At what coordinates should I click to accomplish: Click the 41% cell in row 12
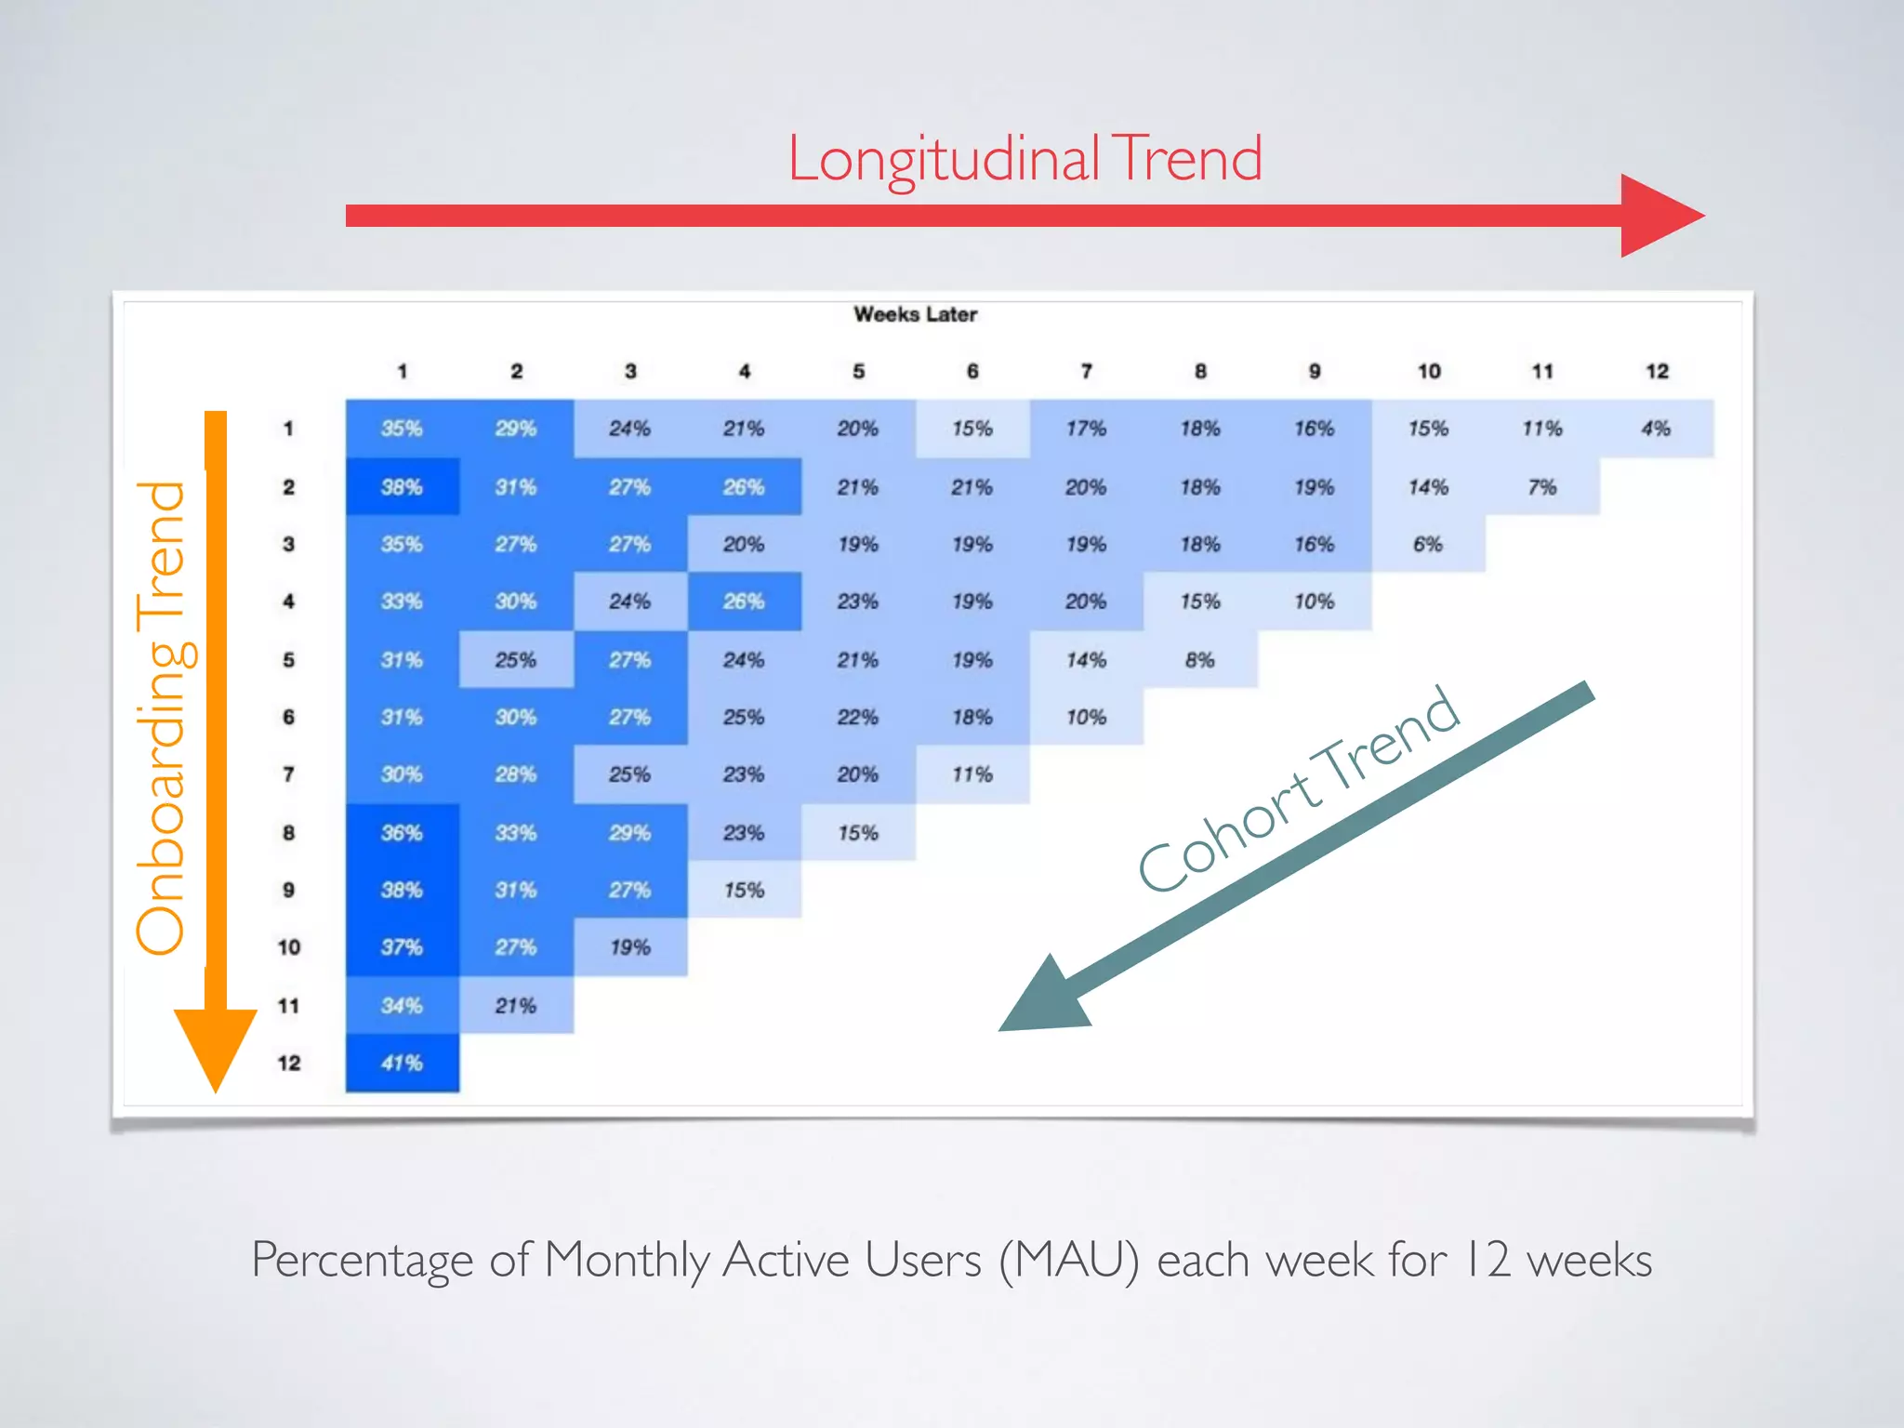point(402,1063)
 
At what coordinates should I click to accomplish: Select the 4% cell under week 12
point(1656,429)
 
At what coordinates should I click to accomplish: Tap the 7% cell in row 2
point(1541,487)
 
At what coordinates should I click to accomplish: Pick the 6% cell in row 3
point(1428,544)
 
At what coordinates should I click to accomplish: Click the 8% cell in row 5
point(1199,660)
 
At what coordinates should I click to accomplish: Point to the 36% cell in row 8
point(402,833)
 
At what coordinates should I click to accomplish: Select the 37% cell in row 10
point(402,947)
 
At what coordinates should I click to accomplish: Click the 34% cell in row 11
point(402,1005)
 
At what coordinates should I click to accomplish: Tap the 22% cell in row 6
point(857,717)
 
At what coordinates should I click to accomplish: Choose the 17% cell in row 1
point(1086,429)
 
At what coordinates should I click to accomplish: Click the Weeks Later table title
point(915,314)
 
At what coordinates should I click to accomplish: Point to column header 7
point(1086,371)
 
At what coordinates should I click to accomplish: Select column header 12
point(1657,371)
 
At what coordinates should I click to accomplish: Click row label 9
point(288,890)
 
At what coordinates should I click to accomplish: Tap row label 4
point(288,602)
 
